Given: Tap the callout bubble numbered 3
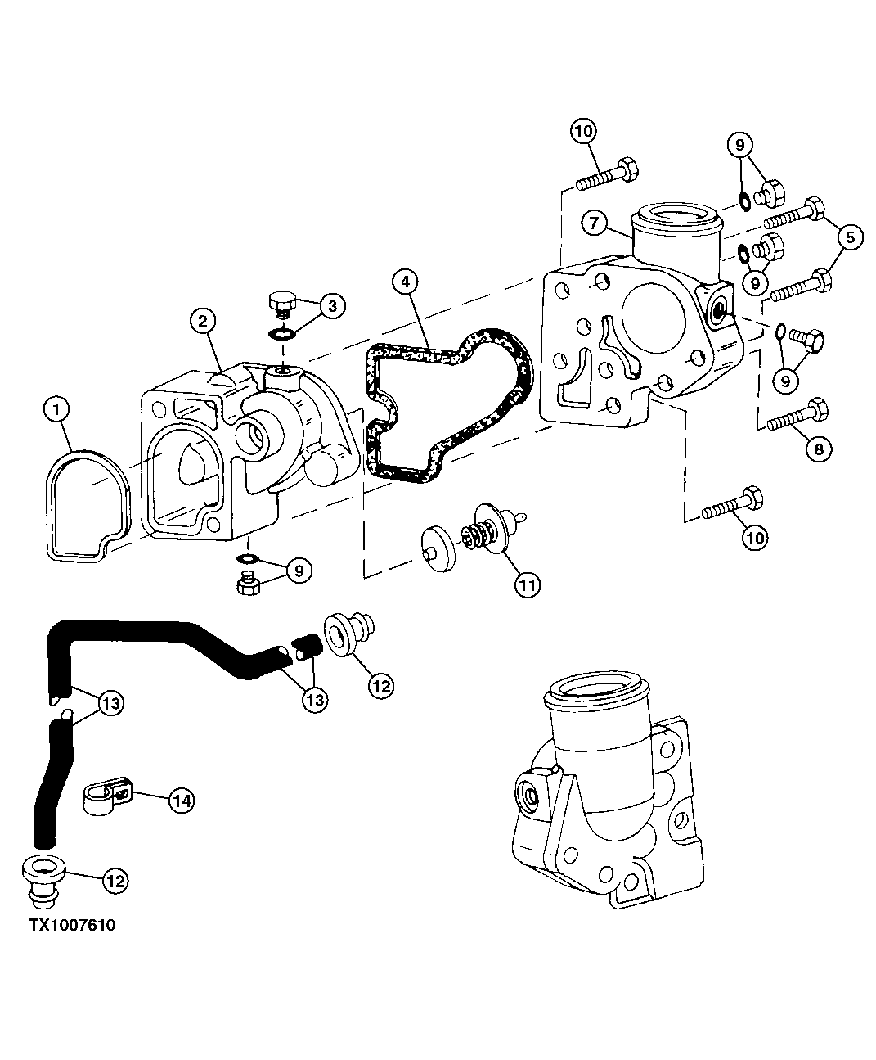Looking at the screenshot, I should click(x=330, y=306).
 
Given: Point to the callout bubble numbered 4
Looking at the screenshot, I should click(x=406, y=282).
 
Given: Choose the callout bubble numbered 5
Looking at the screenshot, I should click(x=849, y=238).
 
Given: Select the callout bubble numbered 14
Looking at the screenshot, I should click(x=182, y=801).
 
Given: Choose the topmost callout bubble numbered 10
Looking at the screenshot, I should click(x=584, y=132).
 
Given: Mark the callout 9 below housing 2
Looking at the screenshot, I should click(x=298, y=570).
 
